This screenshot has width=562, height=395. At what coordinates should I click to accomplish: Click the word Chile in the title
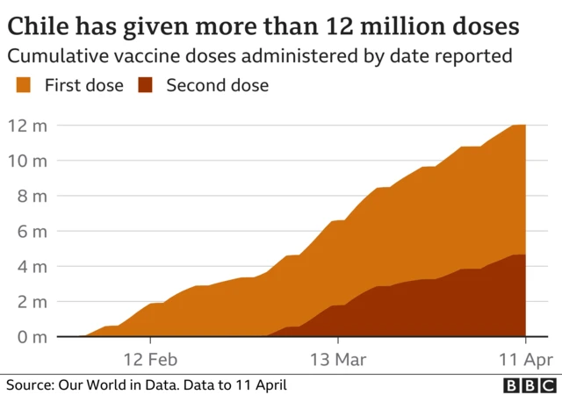click(x=39, y=25)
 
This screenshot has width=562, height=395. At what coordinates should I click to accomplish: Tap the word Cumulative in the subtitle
click(x=59, y=56)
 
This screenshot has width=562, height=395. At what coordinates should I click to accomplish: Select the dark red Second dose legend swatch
click(x=148, y=85)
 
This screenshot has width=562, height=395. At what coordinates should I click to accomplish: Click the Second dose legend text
click(x=217, y=85)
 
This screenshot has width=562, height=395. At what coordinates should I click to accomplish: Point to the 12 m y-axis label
click(x=27, y=126)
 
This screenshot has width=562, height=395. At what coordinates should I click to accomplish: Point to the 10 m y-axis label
click(x=27, y=161)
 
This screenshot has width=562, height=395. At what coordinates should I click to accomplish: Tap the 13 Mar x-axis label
click(x=338, y=359)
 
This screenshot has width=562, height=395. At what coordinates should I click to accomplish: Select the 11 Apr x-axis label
click(x=525, y=359)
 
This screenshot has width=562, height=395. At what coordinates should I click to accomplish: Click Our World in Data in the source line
click(x=120, y=385)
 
